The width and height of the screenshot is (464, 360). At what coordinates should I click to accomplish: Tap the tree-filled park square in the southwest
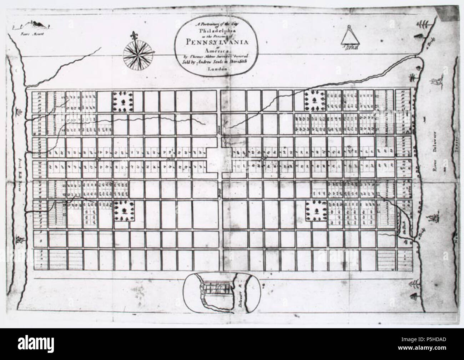point(124,211)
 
